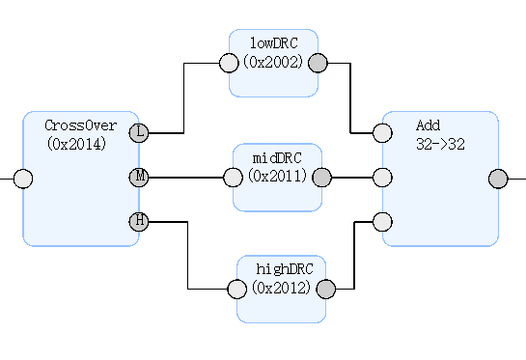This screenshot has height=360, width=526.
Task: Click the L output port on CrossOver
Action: click(139, 133)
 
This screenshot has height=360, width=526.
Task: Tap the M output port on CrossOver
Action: click(139, 178)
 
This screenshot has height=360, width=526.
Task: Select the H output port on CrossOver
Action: click(139, 221)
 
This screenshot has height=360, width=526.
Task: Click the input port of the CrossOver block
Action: click(23, 179)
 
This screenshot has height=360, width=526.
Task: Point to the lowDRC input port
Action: click(229, 63)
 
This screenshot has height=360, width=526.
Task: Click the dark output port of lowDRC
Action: click(318, 63)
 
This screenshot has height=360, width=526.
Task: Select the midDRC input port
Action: click(233, 178)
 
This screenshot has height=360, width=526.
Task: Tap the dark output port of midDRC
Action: click(321, 178)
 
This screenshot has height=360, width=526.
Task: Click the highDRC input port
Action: click(236, 289)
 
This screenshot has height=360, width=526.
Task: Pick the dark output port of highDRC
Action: click(325, 289)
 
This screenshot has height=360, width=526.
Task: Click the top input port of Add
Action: click(382, 133)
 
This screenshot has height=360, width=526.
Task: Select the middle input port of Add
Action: click(382, 178)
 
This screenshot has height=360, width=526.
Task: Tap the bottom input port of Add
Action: click(382, 221)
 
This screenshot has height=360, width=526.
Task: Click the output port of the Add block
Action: click(498, 179)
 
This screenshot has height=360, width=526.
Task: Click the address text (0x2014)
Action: click(76, 144)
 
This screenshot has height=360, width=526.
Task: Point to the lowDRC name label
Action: click(274, 43)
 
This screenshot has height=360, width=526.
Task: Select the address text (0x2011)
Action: click(277, 176)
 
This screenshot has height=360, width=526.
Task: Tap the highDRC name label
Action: click(285, 268)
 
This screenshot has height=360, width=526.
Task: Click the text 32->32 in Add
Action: click(440, 144)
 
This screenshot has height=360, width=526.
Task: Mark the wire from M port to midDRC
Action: click(186, 178)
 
